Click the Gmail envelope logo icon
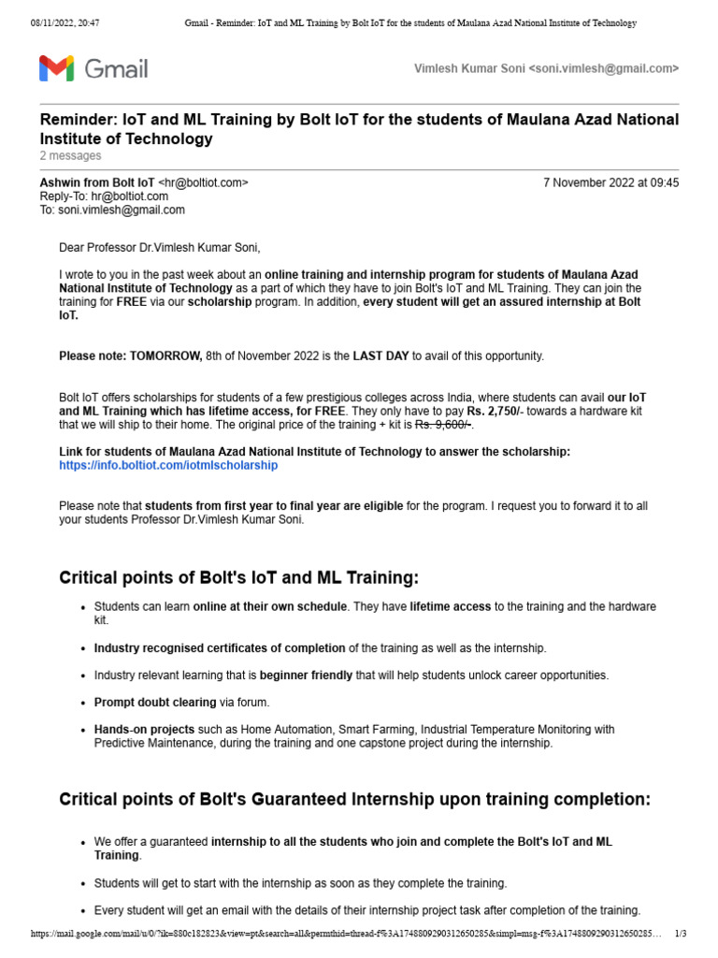[56, 68]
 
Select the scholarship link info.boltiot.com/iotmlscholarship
[168, 465]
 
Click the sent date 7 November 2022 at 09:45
[610, 182]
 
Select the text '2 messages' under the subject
[70, 155]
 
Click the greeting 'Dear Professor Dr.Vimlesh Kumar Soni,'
[160, 248]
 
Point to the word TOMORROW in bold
[165, 356]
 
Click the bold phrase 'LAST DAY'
[381, 356]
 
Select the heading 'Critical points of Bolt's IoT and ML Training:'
[239, 577]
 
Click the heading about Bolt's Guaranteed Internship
[354, 799]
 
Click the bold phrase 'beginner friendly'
[306, 675]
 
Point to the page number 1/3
[680, 934]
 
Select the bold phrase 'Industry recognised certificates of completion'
[220, 647]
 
